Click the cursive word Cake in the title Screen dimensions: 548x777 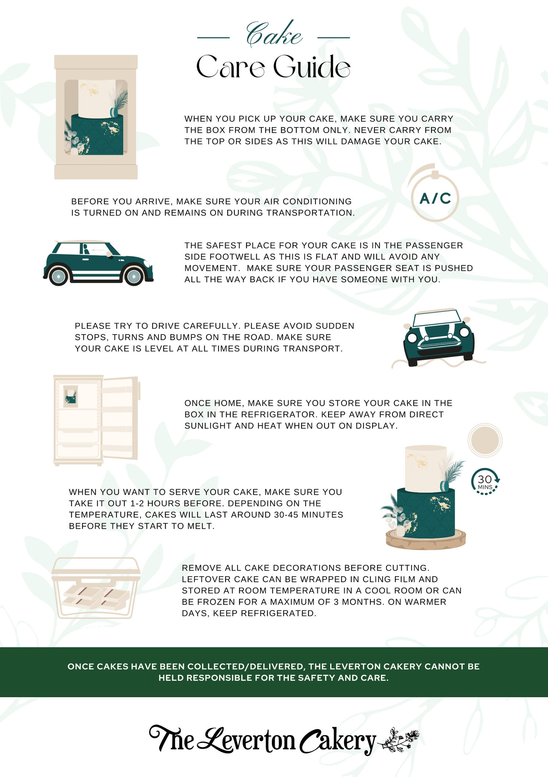click(274, 34)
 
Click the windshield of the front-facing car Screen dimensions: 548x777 click(436, 318)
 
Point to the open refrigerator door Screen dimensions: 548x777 click(120, 418)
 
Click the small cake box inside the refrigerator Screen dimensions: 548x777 click(70, 396)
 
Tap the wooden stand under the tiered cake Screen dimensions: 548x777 click(426, 540)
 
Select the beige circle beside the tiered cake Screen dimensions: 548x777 click(485, 440)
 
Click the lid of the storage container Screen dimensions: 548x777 click(96, 566)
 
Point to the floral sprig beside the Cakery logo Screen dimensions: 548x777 click(399, 739)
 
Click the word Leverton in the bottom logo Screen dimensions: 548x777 click(246, 739)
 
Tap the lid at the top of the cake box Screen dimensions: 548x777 click(96, 62)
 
